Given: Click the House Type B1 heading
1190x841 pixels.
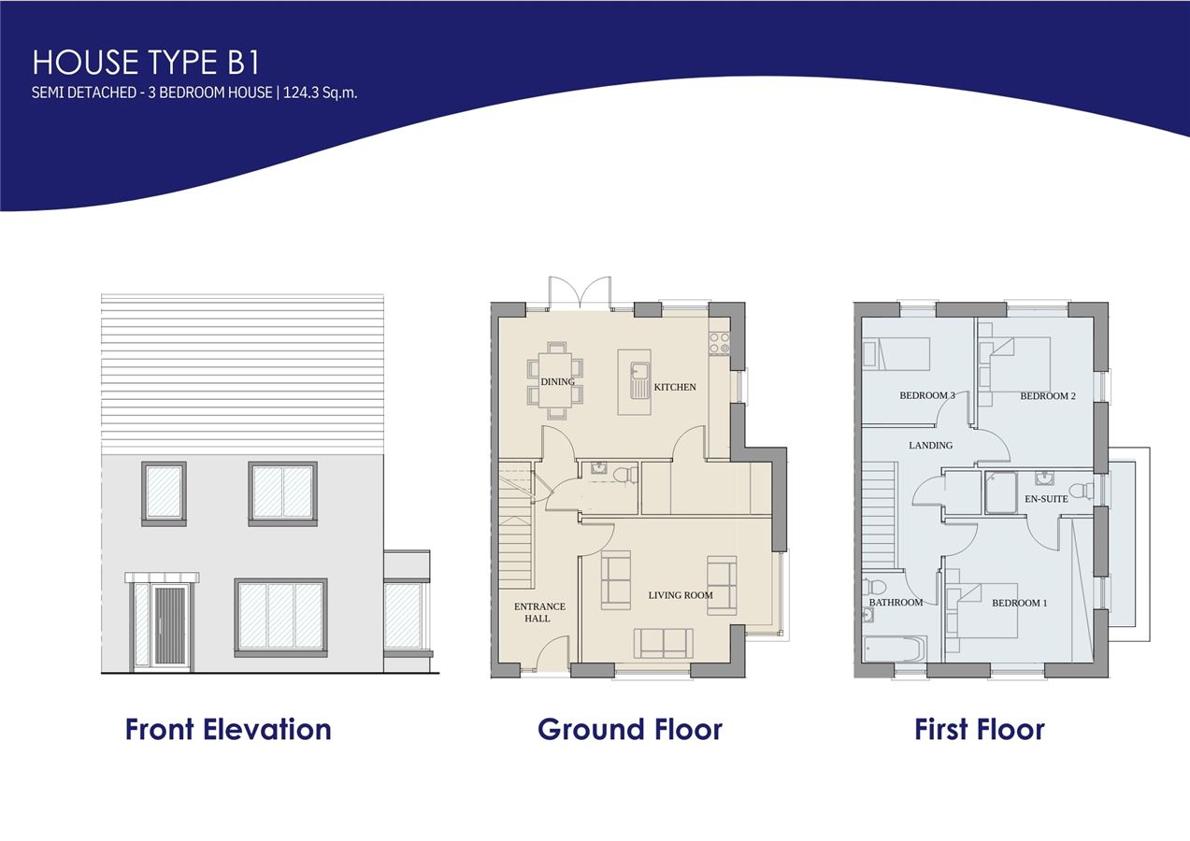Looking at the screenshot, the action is click(146, 62).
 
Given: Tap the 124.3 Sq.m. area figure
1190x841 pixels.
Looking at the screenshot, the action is click(320, 93).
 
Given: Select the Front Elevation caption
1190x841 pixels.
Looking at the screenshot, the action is click(228, 730).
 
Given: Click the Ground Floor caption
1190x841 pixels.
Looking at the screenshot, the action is click(630, 730).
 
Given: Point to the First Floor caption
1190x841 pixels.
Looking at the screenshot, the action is click(980, 730).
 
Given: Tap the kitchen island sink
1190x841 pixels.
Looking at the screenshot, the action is click(638, 380).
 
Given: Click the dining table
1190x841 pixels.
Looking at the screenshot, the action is click(555, 380).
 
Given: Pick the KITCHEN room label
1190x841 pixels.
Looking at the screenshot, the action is click(675, 387).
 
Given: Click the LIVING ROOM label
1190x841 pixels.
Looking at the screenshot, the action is click(681, 595).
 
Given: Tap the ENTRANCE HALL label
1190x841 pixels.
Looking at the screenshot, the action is click(539, 612).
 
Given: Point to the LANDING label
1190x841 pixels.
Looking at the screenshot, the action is click(930, 446).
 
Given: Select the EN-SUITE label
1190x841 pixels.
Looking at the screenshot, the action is click(1046, 499).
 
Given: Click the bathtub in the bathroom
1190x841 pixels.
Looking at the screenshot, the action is click(896, 649).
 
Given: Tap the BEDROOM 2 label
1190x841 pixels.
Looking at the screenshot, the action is click(1048, 396).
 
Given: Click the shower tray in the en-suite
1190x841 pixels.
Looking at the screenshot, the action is click(1001, 492).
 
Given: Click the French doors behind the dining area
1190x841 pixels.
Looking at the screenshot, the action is click(580, 293).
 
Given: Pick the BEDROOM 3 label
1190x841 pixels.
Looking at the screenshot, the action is click(927, 395).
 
